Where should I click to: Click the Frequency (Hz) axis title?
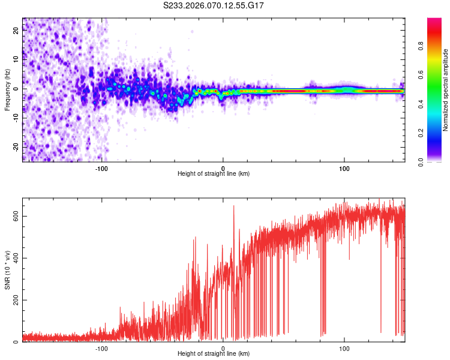[7, 89]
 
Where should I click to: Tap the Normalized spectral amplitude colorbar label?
[446, 90]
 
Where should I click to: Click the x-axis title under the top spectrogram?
[214, 173]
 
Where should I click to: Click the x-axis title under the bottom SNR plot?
[214, 353]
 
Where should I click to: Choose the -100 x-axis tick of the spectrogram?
[101, 167]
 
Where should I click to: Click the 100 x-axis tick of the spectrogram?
[344, 167]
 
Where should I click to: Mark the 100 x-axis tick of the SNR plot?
[344, 347]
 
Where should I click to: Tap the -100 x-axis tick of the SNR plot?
[101, 347]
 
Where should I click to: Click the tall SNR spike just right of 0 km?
[233, 206]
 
